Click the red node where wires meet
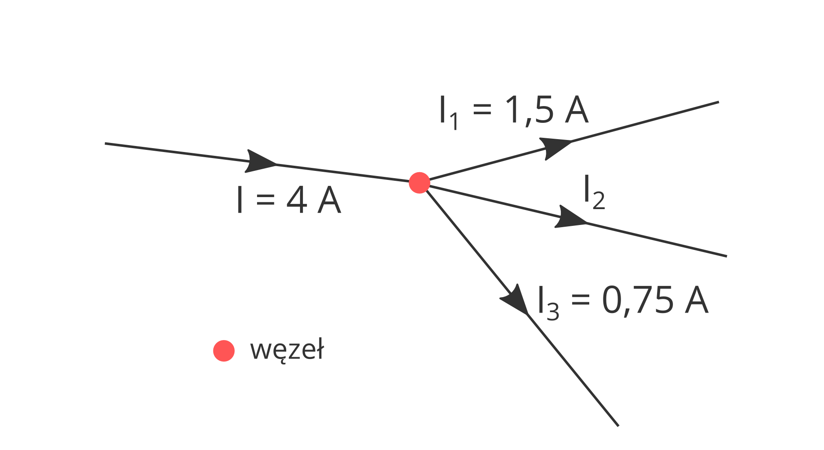click(419, 183)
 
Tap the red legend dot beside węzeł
click(224, 351)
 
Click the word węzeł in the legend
click(287, 350)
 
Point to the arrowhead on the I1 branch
click(554, 148)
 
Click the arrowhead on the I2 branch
click(570, 218)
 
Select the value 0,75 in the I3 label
click(637, 300)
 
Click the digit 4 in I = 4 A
click(297, 200)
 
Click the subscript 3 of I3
click(553, 312)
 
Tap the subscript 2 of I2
click(599, 201)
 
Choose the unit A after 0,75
click(696, 300)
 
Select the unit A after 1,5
click(576, 110)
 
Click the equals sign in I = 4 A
click(265, 200)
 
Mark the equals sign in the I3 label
click(580, 300)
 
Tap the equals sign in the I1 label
click(482, 109)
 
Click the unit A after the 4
click(329, 200)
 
